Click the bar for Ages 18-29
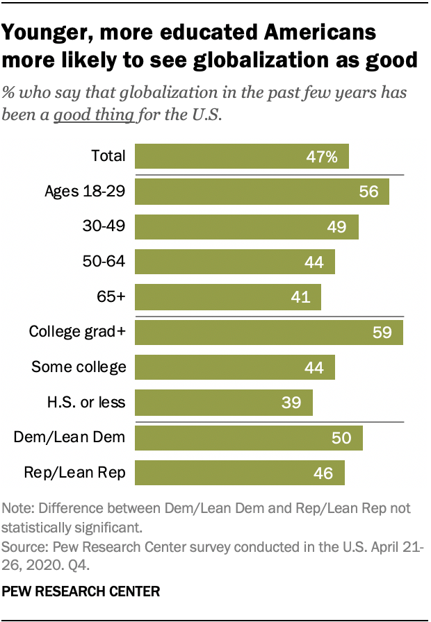click(x=261, y=192)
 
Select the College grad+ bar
click(x=268, y=332)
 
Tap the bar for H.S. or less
click(x=223, y=403)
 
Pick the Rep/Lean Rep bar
click(x=239, y=473)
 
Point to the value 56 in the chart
click(x=368, y=192)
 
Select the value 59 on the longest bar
click(x=382, y=332)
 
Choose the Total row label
click(x=108, y=156)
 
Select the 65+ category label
click(x=111, y=297)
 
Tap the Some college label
click(x=79, y=367)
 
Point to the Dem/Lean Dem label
click(x=70, y=438)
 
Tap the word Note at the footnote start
click(x=19, y=508)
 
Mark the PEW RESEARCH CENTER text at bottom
click(x=81, y=591)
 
